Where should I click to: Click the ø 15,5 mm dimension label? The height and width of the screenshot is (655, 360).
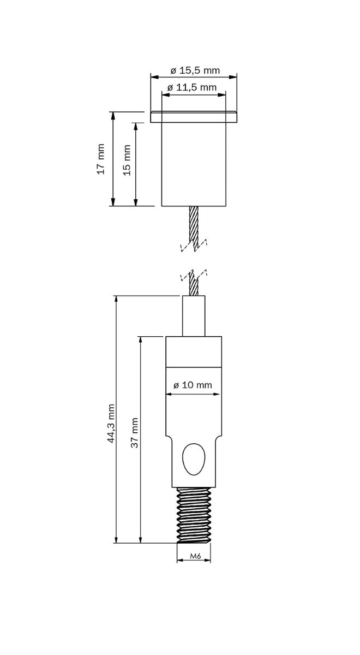(194, 70)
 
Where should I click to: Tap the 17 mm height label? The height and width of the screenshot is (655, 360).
(100, 159)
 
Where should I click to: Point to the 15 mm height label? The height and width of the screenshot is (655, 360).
(127, 160)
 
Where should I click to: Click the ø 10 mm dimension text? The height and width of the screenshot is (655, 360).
(193, 385)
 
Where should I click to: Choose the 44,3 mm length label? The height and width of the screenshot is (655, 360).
(111, 423)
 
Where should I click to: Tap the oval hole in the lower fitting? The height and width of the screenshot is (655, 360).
(193, 459)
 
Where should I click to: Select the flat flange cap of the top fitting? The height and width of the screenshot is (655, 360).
(194, 117)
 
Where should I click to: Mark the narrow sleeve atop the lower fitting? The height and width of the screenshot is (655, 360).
(194, 316)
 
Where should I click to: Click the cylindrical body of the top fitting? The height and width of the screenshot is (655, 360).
(194, 164)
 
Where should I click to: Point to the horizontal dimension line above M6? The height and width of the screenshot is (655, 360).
(194, 561)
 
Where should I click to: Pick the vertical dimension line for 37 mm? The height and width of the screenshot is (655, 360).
(141, 491)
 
